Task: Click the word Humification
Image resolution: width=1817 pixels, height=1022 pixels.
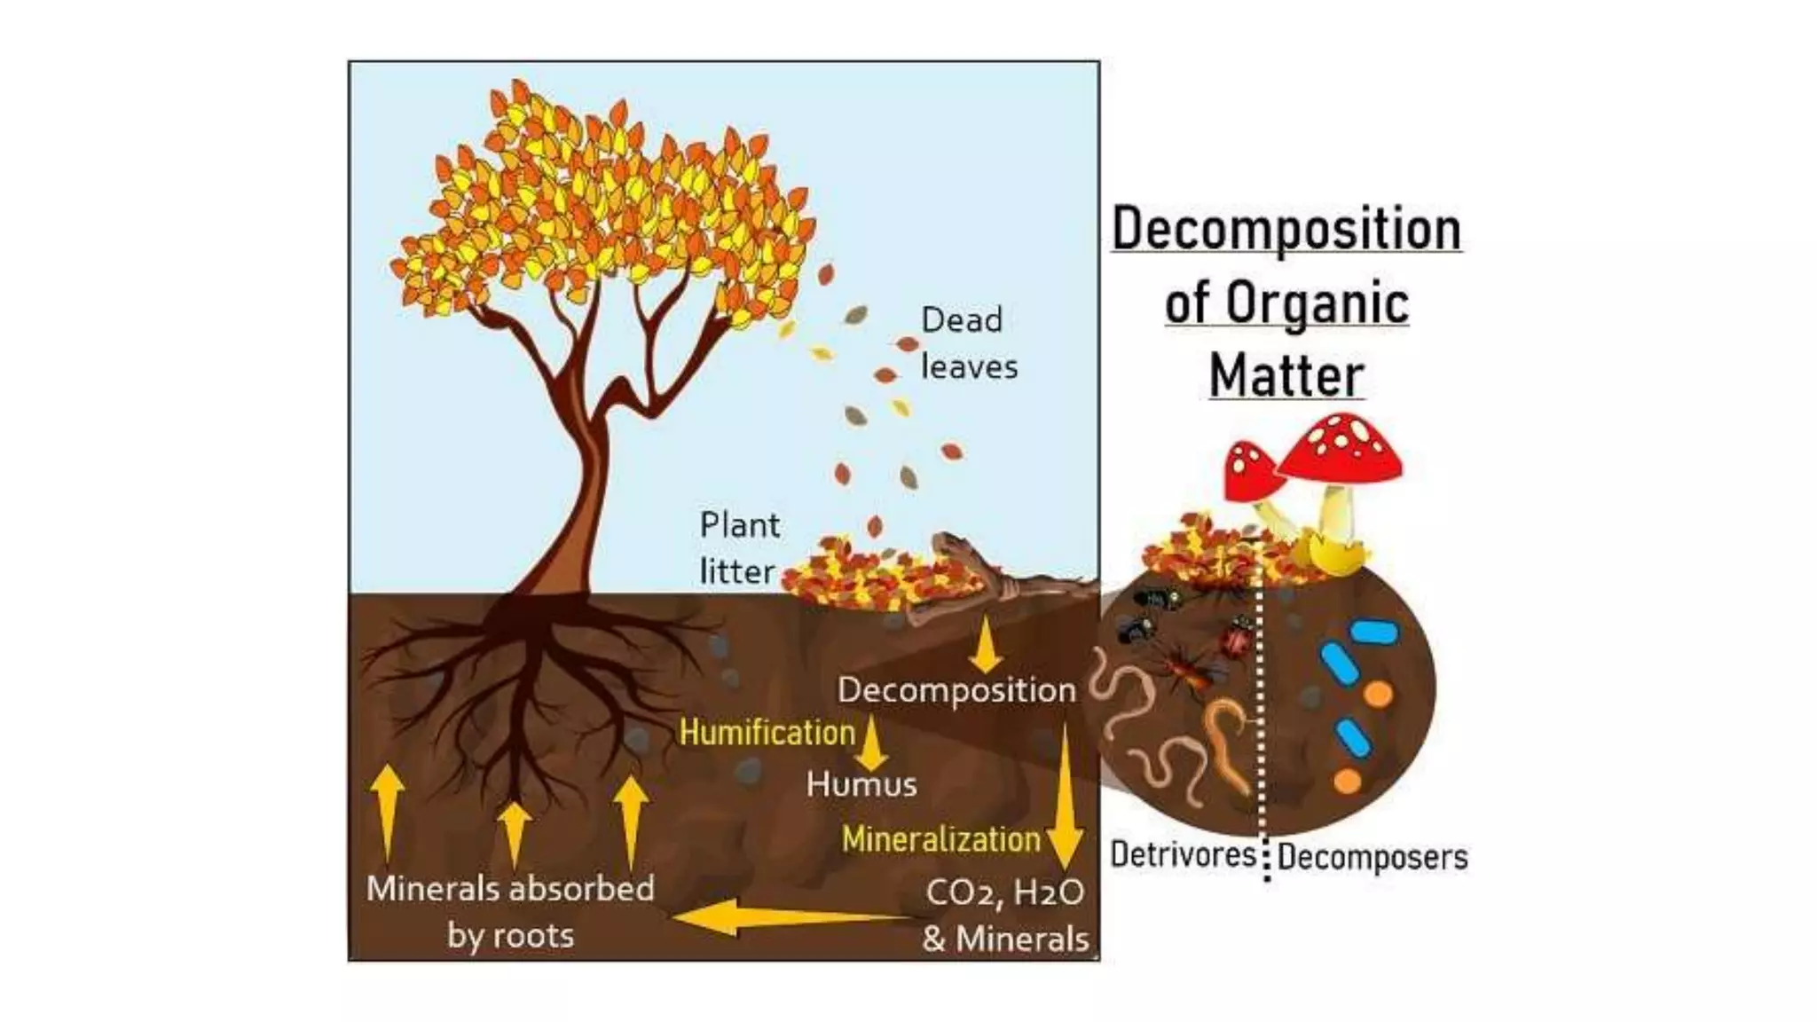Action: pyautogui.click(x=767, y=733)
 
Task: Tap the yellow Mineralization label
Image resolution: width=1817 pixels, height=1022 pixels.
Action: pyautogui.click(x=940, y=839)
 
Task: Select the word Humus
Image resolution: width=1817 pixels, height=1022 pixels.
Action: pyautogui.click(x=861, y=784)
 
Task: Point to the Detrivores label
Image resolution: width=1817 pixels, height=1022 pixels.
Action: pyautogui.click(x=1183, y=854)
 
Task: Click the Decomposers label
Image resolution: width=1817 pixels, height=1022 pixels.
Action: pyautogui.click(x=1373, y=857)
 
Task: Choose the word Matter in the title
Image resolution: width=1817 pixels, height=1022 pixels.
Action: pyautogui.click(x=1286, y=375)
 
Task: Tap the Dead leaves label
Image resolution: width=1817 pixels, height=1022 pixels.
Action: pyautogui.click(x=968, y=343)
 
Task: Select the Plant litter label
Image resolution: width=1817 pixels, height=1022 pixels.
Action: pyautogui.click(x=738, y=547)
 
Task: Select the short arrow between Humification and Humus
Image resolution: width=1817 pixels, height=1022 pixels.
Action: pyautogui.click(x=872, y=743)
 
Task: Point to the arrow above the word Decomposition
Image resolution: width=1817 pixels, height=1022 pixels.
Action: pyautogui.click(x=985, y=646)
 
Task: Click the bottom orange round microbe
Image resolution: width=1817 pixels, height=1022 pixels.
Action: pyautogui.click(x=1347, y=782)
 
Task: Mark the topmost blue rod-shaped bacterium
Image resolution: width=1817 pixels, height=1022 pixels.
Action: pyautogui.click(x=1373, y=633)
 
